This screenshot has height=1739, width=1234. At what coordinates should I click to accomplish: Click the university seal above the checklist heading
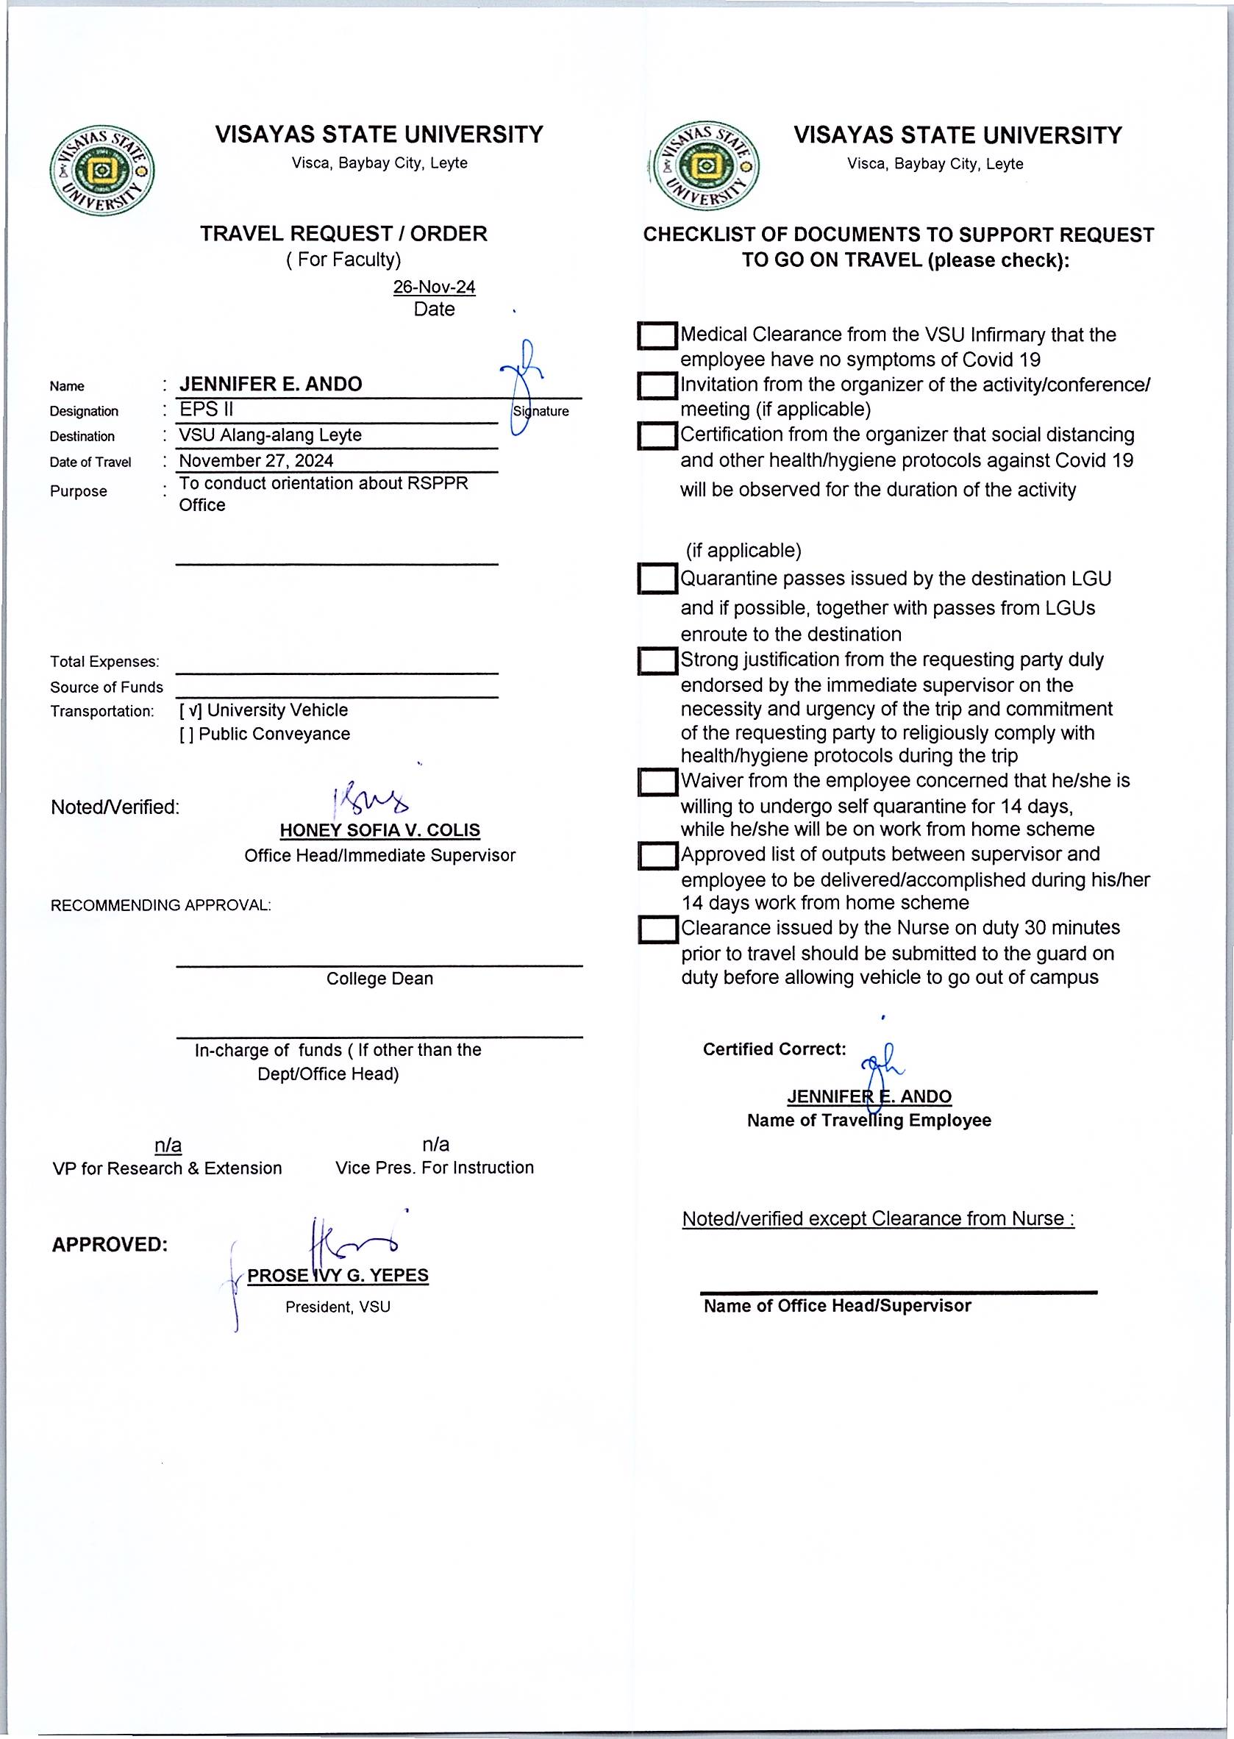[x=707, y=166]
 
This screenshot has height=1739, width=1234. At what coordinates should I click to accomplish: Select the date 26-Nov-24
[x=434, y=288]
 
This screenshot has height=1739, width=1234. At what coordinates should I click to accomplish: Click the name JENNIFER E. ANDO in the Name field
[x=271, y=385]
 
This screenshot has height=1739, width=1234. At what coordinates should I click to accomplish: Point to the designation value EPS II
[x=206, y=410]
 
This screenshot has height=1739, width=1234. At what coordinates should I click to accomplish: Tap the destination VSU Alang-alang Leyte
[x=270, y=435]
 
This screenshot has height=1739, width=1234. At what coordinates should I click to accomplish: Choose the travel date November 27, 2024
[x=256, y=461]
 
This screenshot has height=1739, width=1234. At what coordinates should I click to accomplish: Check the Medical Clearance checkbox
[x=657, y=336]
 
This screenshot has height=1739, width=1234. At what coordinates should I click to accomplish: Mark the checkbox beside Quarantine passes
[x=657, y=579]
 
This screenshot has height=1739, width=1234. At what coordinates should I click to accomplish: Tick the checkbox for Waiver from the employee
[x=657, y=782]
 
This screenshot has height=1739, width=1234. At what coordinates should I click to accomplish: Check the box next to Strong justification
[x=657, y=660]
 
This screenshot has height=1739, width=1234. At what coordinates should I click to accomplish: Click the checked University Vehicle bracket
[x=190, y=711]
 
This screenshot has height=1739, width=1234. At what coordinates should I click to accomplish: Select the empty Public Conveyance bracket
[x=186, y=735]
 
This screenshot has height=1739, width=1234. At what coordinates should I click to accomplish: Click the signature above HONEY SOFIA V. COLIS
[x=370, y=800]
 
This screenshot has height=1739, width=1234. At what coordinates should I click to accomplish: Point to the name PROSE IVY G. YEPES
[x=338, y=1276]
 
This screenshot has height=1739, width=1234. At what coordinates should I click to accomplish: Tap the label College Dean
[x=379, y=979]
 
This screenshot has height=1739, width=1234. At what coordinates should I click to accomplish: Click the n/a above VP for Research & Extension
[x=168, y=1146]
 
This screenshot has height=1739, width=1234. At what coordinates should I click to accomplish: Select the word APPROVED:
[x=110, y=1245]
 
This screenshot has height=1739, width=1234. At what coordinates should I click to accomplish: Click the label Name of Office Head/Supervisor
[x=837, y=1306]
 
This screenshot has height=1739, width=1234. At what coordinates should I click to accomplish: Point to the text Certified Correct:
[x=774, y=1049]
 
